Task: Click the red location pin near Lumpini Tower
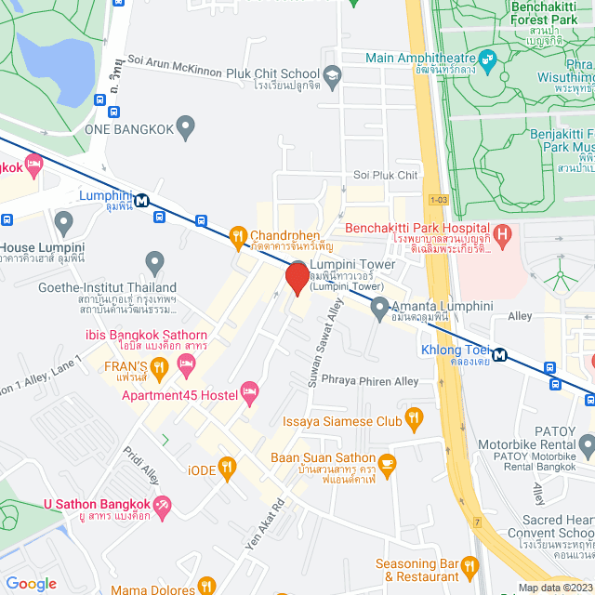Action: coord(297,278)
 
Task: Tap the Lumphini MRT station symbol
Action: coord(142,199)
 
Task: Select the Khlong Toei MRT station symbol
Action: coord(500,353)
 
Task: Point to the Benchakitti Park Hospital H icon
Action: coord(503,234)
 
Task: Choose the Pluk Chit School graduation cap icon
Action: coord(332,74)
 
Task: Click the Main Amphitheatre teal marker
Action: coord(489,58)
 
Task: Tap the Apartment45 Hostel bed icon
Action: coord(248,394)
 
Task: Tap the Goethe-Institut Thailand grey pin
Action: coord(154,263)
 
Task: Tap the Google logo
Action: coord(31,583)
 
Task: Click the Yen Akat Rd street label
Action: coord(263,528)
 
